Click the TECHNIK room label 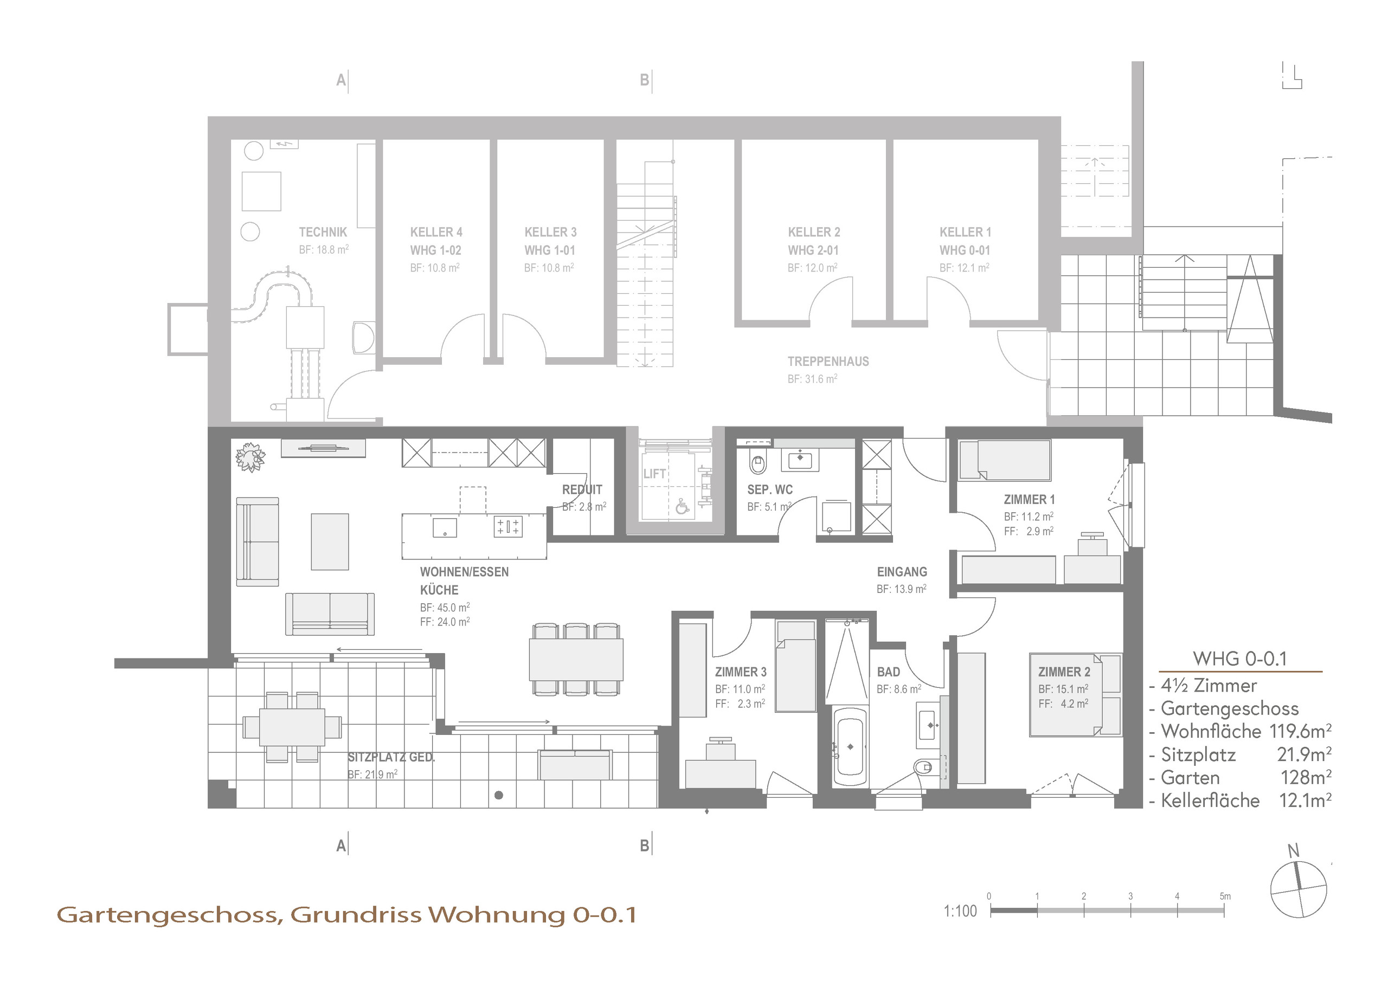[x=323, y=232]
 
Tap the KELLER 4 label [x=436, y=232]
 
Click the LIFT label [x=654, y=474]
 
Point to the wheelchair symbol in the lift [x=682, y=507]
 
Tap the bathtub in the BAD [x=850, y=746]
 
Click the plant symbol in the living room [x=250, y=457]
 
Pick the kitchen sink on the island [x=445, y=527]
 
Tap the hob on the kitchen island [x=508, y=526]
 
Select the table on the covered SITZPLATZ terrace [x=292, y=726]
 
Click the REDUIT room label [x=582, y=489]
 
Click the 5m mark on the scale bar [x=1224, y=896]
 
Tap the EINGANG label [x=901, y=572]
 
